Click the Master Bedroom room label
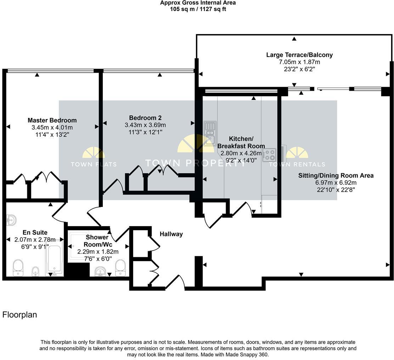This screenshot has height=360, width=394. [52, 120]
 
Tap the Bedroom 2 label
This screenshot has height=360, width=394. [145, 118]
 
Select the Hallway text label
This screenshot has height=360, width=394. [171, 234]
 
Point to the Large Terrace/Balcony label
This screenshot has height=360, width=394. [299, 55]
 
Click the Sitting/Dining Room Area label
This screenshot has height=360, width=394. [336, 175]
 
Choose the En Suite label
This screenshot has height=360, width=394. [35, 232]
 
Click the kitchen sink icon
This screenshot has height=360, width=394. [210, 133]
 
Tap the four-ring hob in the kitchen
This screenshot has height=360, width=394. [269, 154]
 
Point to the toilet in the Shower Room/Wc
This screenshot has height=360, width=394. [120, 268]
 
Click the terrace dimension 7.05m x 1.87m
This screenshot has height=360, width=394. [299, 62]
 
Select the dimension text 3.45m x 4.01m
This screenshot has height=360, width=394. [52, 127]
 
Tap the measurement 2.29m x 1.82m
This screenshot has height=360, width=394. [98, 252]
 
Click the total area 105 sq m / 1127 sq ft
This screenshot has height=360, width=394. [198, 9]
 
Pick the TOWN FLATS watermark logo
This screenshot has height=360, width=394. [94, 158]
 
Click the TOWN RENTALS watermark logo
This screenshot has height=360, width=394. [297, 158]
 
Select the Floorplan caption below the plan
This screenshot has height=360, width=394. [19, 315]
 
